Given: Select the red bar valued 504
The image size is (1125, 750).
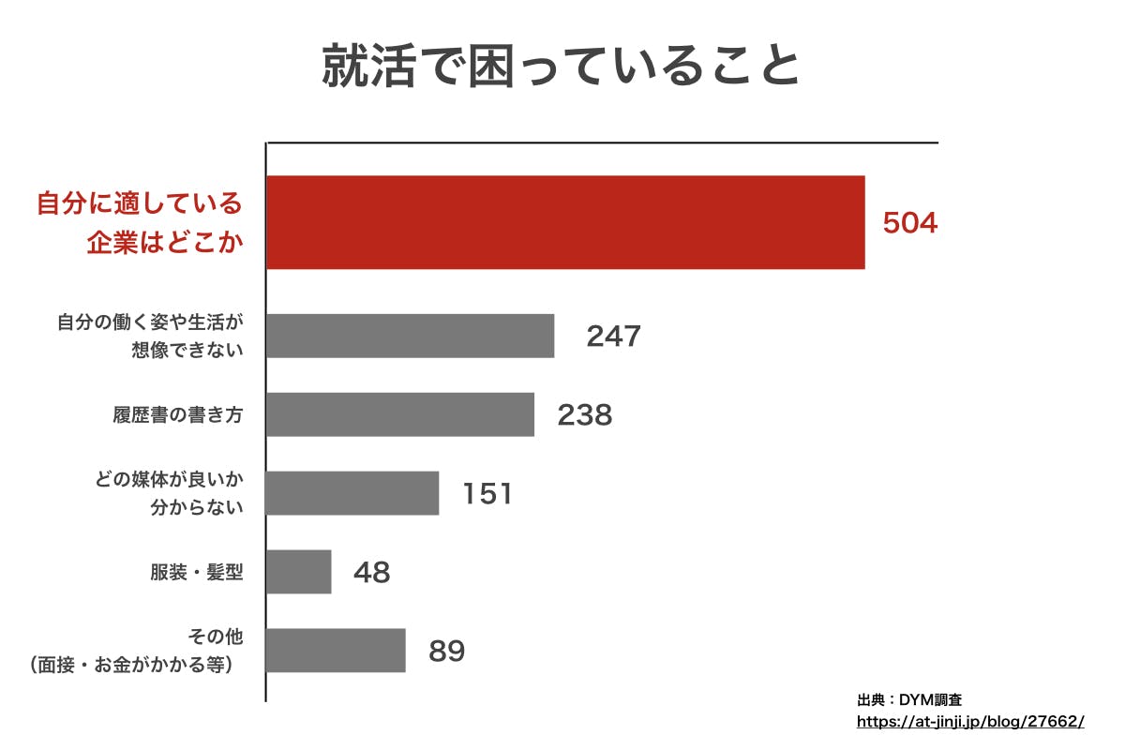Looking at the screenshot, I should pos(565,222).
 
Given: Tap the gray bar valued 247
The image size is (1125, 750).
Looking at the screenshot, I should pos(410,336).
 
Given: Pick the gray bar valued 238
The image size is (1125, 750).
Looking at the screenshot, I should pos(400,414).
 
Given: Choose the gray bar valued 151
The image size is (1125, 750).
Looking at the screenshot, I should pos(352,493).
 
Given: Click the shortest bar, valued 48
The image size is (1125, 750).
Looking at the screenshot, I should pos(299,572).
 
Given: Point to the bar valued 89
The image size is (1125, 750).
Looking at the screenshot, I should pos(336,651).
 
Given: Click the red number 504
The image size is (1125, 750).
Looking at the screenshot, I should pos(909,223).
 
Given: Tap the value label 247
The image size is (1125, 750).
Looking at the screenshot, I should pos(613,336).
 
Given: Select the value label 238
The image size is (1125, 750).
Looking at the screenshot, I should pos(584,414).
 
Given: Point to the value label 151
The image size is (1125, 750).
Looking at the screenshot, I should pos(487,493).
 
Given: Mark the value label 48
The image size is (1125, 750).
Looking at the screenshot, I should pos(371,572).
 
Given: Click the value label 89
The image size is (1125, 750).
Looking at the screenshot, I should pos(446,651).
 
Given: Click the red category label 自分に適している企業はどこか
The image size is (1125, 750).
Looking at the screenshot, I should pos(140,223).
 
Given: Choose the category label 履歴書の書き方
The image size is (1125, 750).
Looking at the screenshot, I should pos(177,414).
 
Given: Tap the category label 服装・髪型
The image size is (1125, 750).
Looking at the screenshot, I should pos(196,572).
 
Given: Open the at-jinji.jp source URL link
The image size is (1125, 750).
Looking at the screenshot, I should pos(970,722).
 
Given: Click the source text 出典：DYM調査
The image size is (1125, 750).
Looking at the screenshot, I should pos(908,699).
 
